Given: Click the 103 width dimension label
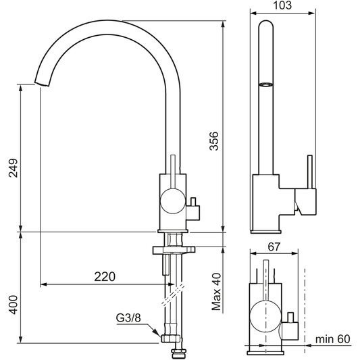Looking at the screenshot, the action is [282, 5].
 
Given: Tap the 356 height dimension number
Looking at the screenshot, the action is [214, 140].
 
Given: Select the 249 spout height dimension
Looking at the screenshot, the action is [13, 168].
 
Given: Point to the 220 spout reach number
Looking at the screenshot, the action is [105, 277].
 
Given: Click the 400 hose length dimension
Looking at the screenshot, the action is [13, 305].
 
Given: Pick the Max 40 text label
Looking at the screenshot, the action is [216, 292].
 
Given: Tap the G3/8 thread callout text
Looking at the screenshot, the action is [128, 318].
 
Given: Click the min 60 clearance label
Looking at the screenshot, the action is [332, 339].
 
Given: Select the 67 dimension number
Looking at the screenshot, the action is [274, 247].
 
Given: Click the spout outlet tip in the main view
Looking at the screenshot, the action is [42, 84].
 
